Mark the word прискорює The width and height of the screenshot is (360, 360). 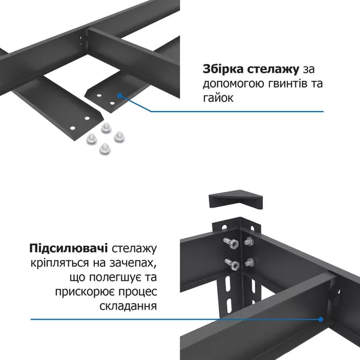92,292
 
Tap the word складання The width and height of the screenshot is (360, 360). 128,307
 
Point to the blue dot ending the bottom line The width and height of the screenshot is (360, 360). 321,319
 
